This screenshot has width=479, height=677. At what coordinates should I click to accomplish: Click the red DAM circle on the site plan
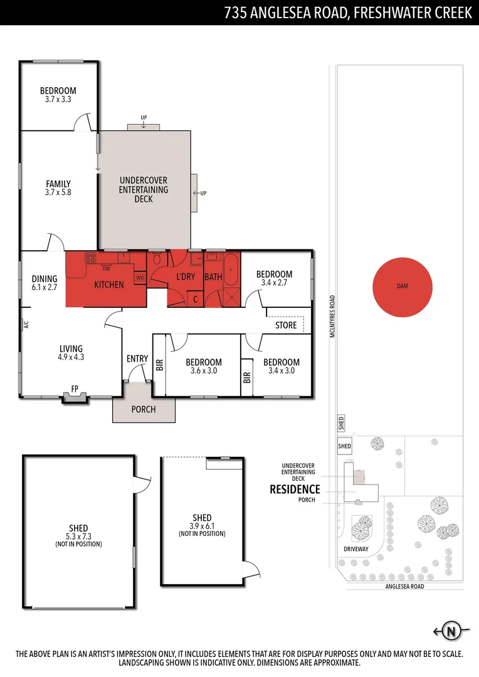[x=402, y=286]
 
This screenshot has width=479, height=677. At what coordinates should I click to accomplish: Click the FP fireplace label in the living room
[x=75, y=388]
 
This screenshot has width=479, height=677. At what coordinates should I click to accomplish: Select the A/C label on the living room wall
[x=26, y=325]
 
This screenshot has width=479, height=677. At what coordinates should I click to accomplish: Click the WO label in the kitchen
[x=140, y=277]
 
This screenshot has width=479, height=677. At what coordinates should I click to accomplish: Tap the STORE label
[x=286, y=325]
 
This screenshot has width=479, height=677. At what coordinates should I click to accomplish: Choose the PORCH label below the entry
[x=144, y=409]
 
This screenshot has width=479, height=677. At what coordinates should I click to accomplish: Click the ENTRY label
[x=137, y=359]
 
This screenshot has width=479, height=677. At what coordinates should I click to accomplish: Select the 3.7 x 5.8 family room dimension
[x=58, y=193]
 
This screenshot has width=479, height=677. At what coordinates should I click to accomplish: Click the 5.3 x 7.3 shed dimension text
[x=78, y=537]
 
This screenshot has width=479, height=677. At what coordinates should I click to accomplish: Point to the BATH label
[x=213, y=276]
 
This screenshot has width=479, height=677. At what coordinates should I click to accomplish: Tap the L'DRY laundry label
[x=186, y=276]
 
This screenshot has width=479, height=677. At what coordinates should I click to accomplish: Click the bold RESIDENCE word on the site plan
[x=295, y=489]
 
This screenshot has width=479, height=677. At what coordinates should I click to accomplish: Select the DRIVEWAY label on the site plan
[x=356, y=548]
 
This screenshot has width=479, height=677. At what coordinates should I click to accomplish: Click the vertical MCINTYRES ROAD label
[x=332, y=317]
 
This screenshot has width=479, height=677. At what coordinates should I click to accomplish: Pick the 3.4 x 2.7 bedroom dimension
[x=274, y=283]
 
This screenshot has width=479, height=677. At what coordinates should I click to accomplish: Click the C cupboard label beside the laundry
[x=196, y=300]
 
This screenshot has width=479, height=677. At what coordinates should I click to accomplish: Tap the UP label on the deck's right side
[x=204, y=193]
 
